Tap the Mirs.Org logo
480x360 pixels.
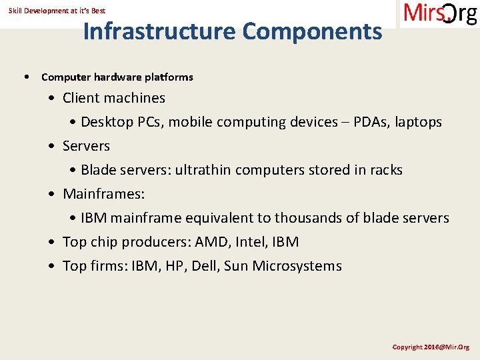click(440, 13)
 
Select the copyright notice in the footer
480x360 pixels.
click(431, 347)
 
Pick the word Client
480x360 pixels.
click(81, 98)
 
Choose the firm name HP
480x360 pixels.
click(175, 266)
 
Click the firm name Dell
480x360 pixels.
click(205, 266)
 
